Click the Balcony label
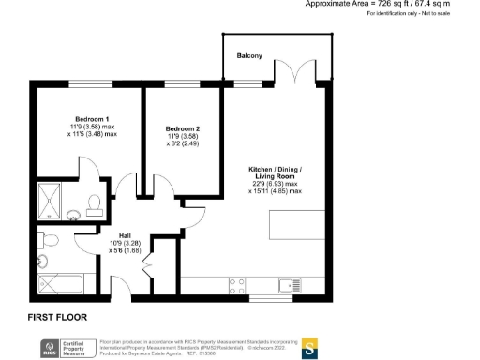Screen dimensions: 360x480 [x=249, y=54]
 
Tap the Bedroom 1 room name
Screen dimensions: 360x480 [x=93, y=119]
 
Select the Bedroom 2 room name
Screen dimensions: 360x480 [x=184, y=128]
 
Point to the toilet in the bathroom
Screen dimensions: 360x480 [x=53, y=242]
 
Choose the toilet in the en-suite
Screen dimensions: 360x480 [x=94, y=203]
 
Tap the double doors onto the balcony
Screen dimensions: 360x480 [x=300, y=71]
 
